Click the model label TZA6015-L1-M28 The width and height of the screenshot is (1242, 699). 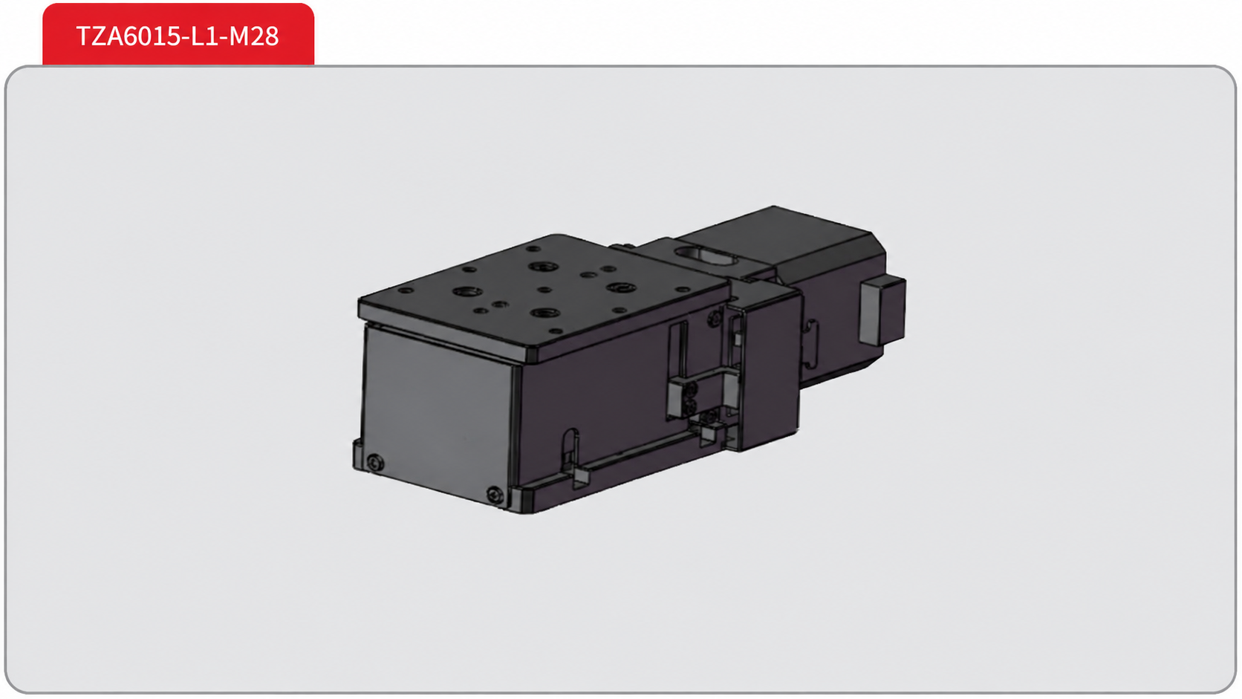[x=178, y=36]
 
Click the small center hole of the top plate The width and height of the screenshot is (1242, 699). [x=544, y=290]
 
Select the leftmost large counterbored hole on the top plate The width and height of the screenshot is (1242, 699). [x=465, y=291]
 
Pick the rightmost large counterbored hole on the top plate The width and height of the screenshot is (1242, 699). [x=621, y=287]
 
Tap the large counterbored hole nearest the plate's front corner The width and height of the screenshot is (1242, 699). [x=544, y=313]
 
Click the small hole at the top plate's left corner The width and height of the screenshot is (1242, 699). [x=406, y=290]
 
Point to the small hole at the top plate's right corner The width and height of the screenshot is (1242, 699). [x=683, y=290]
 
